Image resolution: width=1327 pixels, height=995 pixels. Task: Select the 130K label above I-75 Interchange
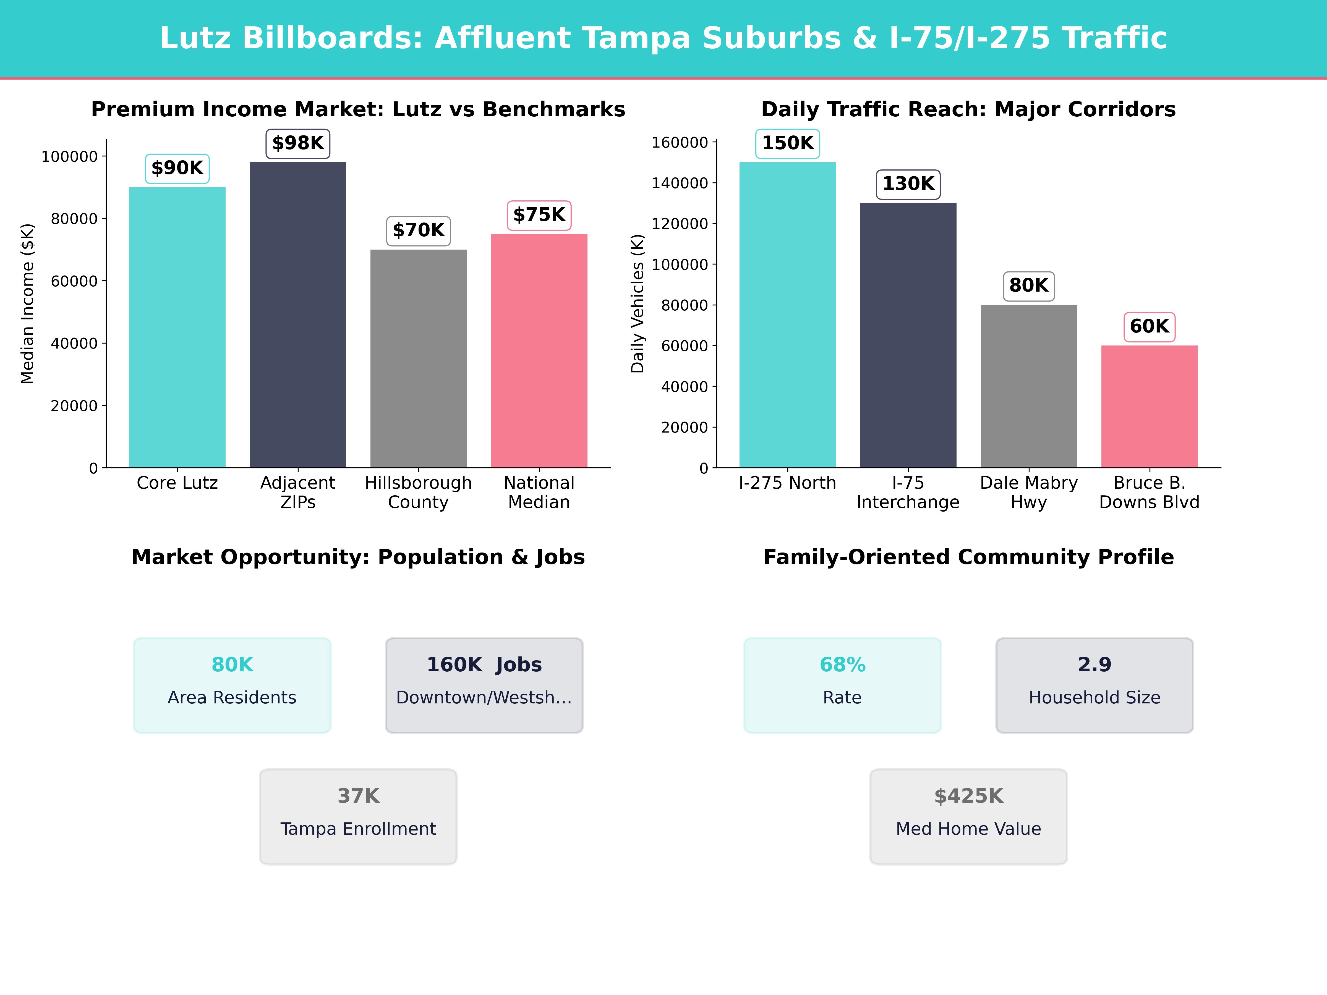908,184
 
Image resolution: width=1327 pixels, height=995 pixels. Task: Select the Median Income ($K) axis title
28,303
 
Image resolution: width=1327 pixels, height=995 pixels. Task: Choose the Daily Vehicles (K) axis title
638,303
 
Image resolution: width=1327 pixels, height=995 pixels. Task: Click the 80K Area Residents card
232,685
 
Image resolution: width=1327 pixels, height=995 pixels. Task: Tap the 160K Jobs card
484,685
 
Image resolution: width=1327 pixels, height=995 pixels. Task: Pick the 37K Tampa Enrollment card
358,816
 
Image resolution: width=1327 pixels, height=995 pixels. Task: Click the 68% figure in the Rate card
842,664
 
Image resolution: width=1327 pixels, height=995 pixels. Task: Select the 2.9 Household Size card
1094,685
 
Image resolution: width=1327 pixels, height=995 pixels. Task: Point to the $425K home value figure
968,796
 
